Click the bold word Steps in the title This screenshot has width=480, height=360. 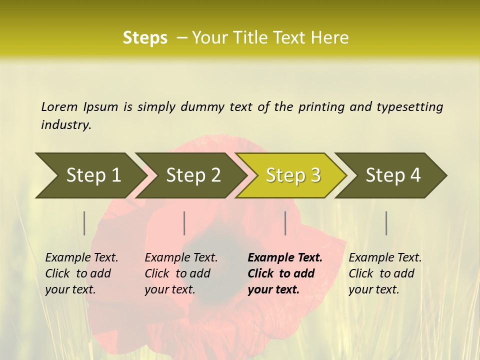coord(145,38)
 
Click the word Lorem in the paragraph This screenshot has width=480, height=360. coord(59,107)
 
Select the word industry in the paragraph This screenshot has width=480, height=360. coord(66,125)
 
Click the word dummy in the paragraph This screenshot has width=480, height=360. coord(204,107)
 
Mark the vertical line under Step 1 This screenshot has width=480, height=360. coord(84,223)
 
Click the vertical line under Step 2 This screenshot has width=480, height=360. coord(184,223)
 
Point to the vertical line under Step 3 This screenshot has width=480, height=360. coord(285,223)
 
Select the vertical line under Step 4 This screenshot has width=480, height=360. coord(386,223)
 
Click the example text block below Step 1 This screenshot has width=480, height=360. coord(81,273)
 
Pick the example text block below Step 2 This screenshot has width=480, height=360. coord(181,273)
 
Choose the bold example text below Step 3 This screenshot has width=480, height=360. coord(285,273)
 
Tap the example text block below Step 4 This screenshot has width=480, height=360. coord(385,273)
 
